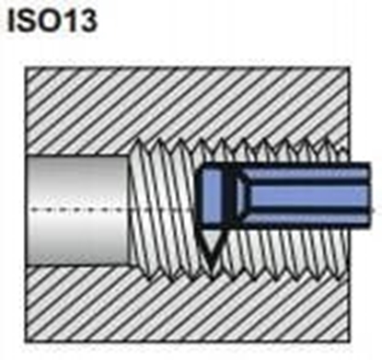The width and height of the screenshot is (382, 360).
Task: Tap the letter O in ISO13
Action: [x=53, y=20]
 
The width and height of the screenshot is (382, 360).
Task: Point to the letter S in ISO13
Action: [x=31, y=20]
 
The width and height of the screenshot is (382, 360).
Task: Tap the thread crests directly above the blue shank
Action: [x=295, y=151]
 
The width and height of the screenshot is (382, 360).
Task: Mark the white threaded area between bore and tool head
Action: [x=166, y=207]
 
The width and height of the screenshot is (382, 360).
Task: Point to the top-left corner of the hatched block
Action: [x=23, y=66]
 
